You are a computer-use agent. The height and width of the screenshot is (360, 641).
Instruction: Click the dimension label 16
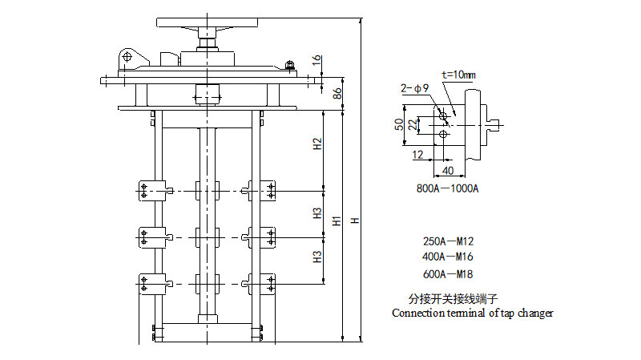click(317, 59)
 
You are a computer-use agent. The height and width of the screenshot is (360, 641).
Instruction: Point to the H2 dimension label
click(317, 145)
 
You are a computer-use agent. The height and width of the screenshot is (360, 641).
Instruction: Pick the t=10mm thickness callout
click(458, 75)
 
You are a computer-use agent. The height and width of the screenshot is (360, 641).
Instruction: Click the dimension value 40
click(447, 171)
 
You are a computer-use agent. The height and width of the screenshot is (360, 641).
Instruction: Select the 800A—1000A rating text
click(447, 189)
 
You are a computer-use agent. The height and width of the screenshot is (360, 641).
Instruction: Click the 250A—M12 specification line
click(449, 241)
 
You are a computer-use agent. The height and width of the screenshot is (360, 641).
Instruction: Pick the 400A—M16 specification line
click(449, 257)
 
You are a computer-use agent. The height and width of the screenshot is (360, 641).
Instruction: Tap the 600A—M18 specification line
click(449, 273)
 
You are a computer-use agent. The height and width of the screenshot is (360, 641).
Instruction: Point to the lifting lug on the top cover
click(128, 59)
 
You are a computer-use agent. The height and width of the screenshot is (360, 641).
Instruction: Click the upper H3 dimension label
click(317, 214)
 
